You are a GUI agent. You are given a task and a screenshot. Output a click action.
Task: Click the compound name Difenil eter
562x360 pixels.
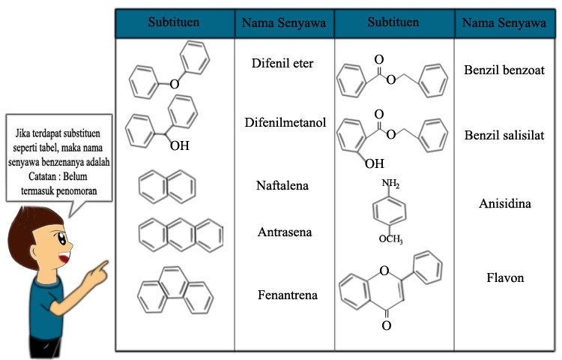tap(282, 63)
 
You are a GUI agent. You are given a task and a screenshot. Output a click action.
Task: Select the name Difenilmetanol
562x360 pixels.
tap(285, 121)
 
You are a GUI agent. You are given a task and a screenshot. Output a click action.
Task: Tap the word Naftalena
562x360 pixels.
tap(282, 185)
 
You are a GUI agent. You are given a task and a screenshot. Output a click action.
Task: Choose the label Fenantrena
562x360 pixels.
tap(285, 295)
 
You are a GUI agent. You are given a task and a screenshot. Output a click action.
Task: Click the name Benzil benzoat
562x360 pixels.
tap(504, 70)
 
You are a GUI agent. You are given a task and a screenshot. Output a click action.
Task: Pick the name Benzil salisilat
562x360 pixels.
tap(504, 134)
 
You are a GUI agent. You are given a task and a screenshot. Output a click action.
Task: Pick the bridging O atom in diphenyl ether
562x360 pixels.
tap(173, 84)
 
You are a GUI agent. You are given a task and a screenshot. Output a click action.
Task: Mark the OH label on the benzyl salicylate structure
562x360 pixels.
tap(374, 162)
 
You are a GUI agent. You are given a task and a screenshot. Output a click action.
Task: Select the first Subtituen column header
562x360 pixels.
tap(174, 23)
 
